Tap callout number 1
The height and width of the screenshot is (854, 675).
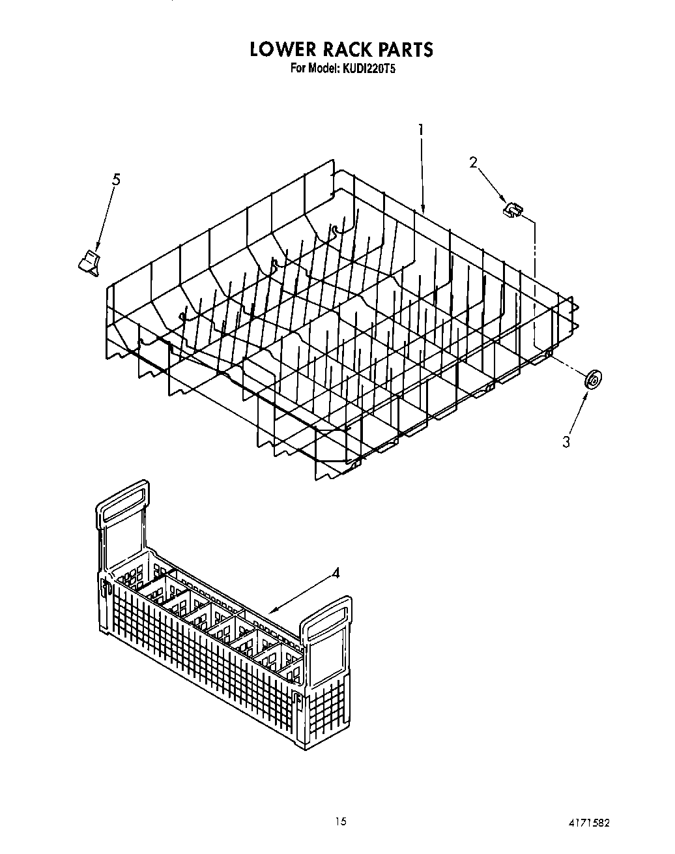tap(421, 130)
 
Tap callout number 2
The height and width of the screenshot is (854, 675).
tap(474, 162)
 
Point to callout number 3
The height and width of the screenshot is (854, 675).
tap(566, 441)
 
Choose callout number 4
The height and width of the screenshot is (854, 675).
tap(335, 573)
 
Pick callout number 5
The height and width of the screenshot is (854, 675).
tap(116, 180)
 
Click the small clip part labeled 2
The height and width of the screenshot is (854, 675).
tap(513, 209)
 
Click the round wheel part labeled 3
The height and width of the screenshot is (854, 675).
tap(593, 379)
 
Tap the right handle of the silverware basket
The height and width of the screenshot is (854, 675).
tap(327, 619)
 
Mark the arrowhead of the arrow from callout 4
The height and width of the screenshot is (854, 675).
tap(270, 611)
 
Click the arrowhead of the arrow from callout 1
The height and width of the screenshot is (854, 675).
tap(424, 212)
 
